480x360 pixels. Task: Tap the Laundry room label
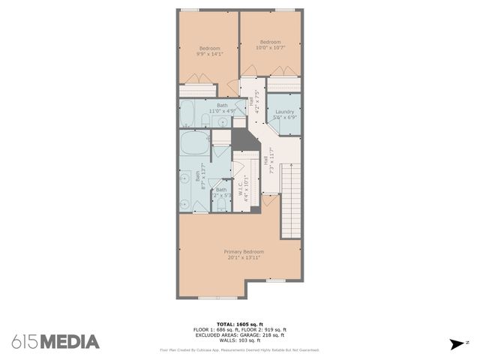point(284,112)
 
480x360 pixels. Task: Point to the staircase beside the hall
point(290,198)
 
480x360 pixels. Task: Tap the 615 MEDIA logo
point(55,342)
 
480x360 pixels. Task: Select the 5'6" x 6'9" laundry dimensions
point(284,118)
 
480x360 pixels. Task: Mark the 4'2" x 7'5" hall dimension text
point(257,100)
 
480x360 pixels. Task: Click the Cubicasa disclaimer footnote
point(239,350)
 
